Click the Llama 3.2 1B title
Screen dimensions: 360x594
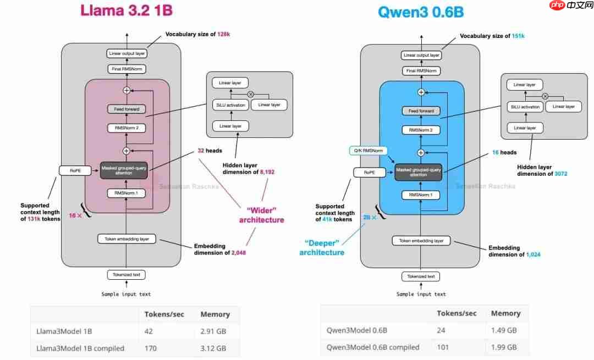click(x=130, y=10)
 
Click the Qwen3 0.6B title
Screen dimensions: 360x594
click(x=421, y=12)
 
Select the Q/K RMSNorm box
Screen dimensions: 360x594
click(x=369, y=151)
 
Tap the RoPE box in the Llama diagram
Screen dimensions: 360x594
click(x=75, y=170)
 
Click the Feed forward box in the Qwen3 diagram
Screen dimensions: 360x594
click(x=421, y=111)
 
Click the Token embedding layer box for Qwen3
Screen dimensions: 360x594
click(x=421, y=241)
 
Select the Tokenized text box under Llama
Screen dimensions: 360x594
click(x=127, y=275)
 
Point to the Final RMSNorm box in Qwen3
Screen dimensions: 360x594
click(x=421, y=71)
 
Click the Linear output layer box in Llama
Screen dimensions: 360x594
click(x=127, y=53)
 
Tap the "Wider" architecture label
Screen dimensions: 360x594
click(x=261, y=214)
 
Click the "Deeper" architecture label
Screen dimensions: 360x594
click(x=322, y=247)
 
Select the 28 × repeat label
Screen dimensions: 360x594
click(x=370, y=218)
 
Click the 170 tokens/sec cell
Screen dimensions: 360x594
click(x=151, y=348)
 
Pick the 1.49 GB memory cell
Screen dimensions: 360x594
click(x=504, y=330)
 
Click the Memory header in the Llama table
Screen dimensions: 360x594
click(x=215, y=314)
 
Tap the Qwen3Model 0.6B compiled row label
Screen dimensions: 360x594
click(x=373, y=347)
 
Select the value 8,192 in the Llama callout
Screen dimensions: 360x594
click(x=263, y=172)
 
